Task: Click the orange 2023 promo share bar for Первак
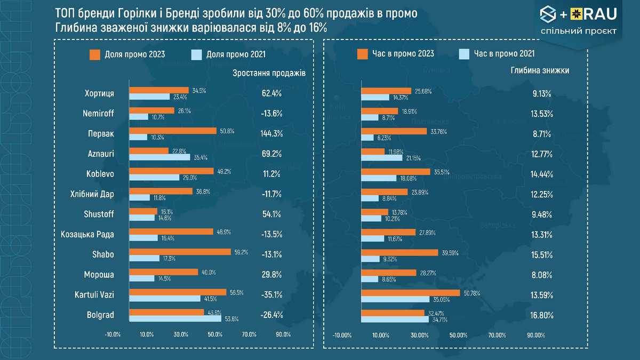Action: point(173,130)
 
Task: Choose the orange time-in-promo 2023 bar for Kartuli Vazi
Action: point(411,292)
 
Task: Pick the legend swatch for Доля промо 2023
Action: point(95,54)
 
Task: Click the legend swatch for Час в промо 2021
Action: point(463,54)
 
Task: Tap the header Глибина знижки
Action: point(540,70)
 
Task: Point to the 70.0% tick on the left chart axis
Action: point(249,334)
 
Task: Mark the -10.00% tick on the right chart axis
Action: point(342,335)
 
